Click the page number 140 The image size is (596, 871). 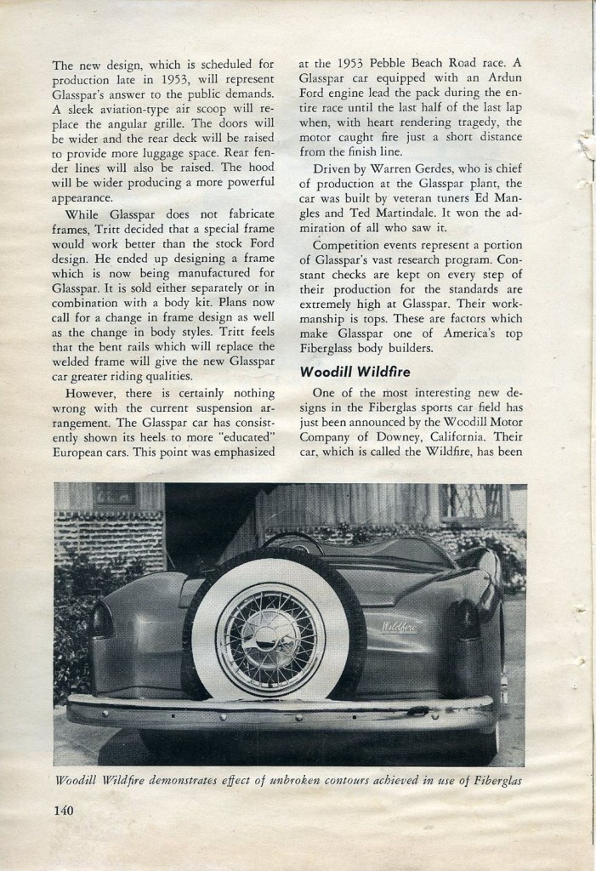pyautogui.click(x=62, y=810)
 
